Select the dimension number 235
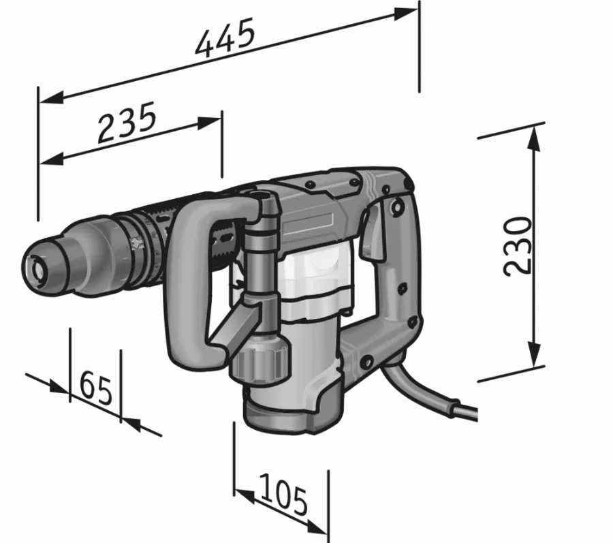coord(127,123)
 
